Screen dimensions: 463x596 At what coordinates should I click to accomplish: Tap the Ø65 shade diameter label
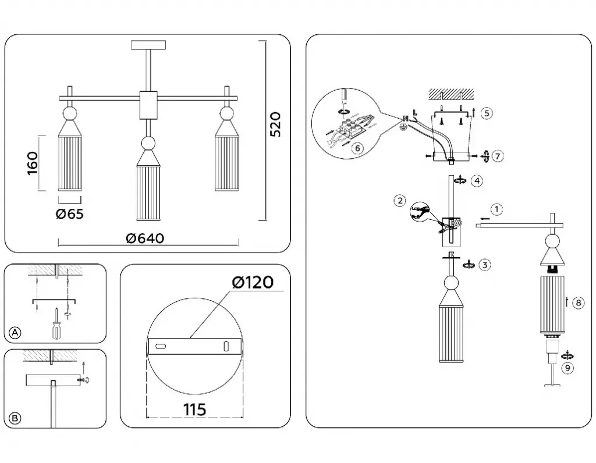click(x=70, y=214)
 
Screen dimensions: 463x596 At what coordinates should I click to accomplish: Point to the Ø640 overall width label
click(x=145, y=238)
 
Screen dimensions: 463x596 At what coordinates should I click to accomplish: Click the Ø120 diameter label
click(x=252, y=283)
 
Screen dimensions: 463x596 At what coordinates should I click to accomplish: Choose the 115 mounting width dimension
click(x=194, y=409)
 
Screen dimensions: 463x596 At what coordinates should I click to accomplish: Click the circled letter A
click(x=15, y=333)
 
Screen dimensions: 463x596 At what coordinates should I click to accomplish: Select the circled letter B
click(x=15, y=418)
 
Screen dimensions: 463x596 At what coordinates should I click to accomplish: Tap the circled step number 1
click(x=495, y=208)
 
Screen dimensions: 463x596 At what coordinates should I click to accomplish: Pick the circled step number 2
click(x=399, y=201)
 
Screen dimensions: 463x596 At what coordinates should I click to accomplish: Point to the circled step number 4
click(x=477, y=181)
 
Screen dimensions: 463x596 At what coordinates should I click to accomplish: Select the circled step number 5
click(x=487, y=113)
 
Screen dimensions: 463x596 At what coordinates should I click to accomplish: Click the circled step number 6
click(x=358, y=148)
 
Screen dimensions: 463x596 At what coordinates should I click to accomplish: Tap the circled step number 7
click(x=496, y=156)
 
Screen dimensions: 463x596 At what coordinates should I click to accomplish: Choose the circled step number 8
click(x=577, y=302)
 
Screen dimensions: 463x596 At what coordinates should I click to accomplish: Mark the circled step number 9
click(x=567, y=367)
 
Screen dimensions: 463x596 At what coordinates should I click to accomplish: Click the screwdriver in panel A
click(x=56, y=325)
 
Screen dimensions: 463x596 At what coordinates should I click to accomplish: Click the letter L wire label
click(x=414, y=112)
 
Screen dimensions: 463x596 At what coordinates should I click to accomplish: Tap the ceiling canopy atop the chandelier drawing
click(x=150, y=44)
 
